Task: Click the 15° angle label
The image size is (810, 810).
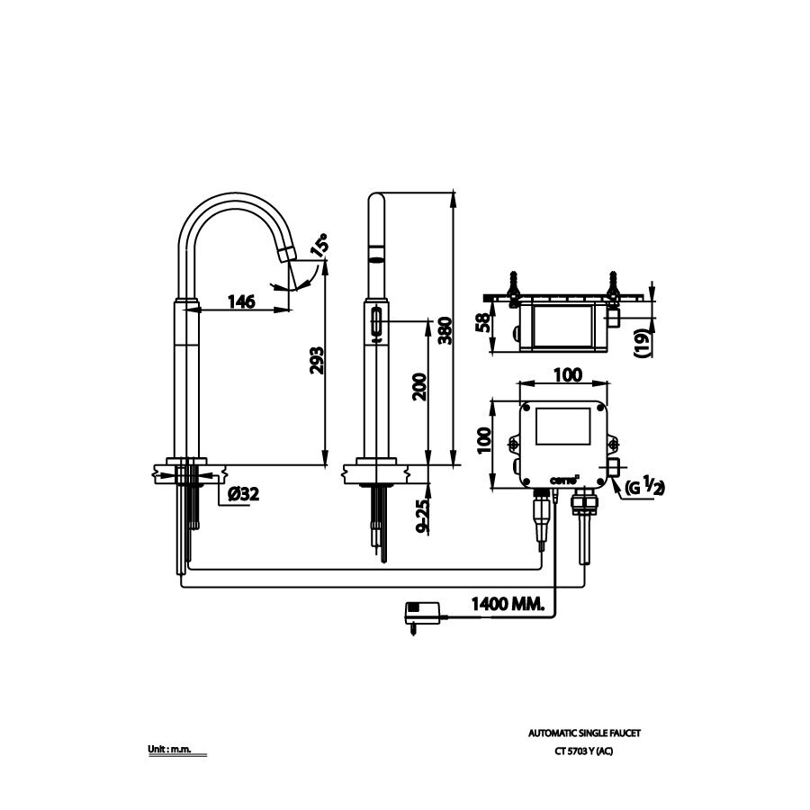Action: coord(319,246)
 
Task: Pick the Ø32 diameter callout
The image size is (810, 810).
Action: coord(244,493)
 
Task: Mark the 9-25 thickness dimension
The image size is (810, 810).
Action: coord(423,516)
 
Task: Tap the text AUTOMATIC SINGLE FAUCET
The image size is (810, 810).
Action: coord(585,733)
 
